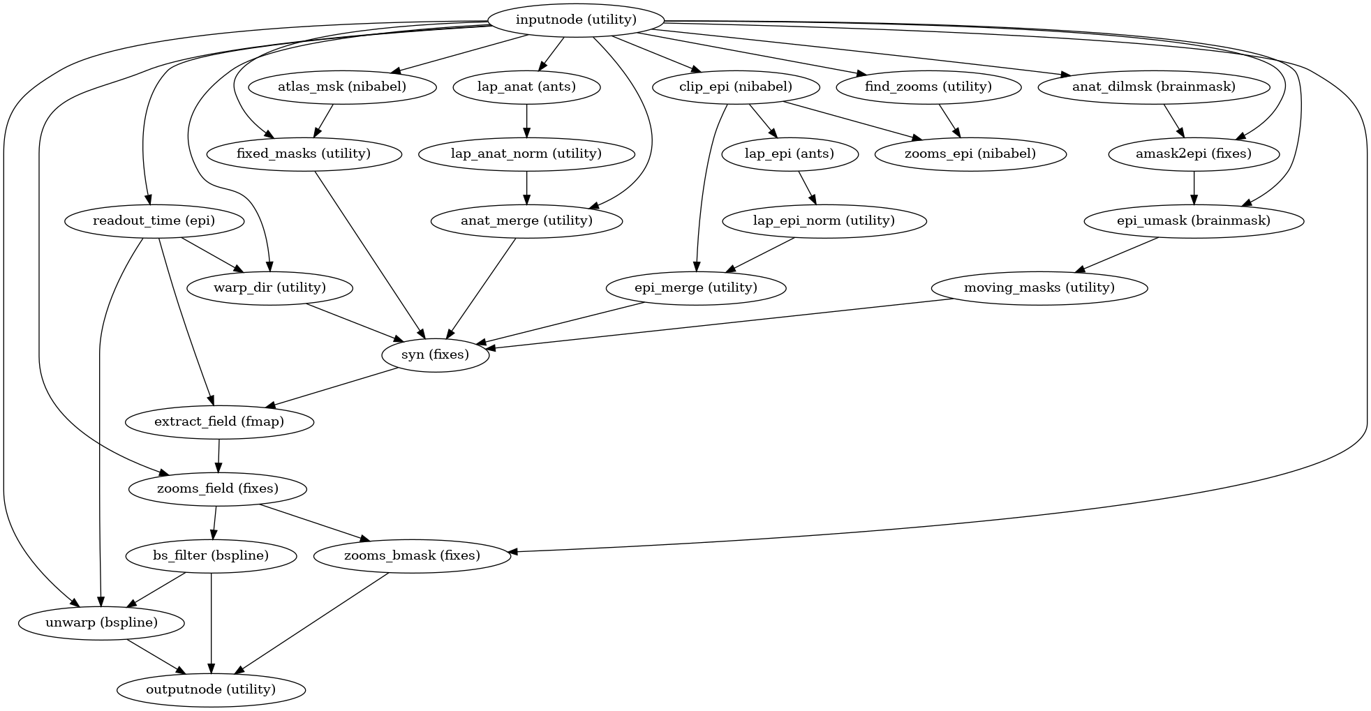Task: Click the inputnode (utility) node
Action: (x=576, y=20)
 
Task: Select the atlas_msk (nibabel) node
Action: (x=342, y=87)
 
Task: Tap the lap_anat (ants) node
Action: (x=526, y=87)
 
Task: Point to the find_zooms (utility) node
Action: (x=928, y=87)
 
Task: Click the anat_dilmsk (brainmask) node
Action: (x=1153, y=87)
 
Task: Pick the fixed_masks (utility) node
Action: (x=304, y=154)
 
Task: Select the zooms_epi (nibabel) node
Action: (x=970, y=154)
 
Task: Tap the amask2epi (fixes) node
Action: (x=1194, y=154)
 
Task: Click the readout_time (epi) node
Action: (x=154, y=221)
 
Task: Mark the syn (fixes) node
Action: (x=435, y=354)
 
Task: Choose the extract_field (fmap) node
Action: (x=219, y=421)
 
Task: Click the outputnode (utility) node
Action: (x=211, y=689)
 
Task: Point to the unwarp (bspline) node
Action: (x=101, y=622)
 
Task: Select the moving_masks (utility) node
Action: (x=1039, y=287)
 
